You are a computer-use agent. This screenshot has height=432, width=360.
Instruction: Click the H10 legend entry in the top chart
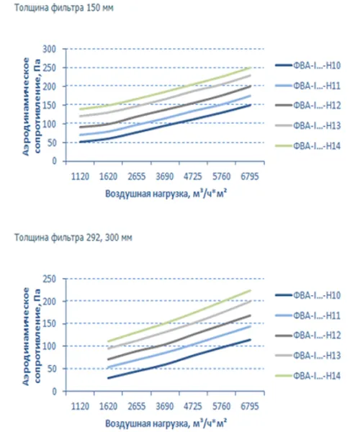[x=307, y=66]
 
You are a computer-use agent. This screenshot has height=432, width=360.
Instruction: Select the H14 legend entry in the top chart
[x=307, y=145]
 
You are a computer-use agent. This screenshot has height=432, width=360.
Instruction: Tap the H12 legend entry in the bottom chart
[x=307, y=336]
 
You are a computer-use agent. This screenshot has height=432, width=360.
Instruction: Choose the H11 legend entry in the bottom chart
[x=307, y=315]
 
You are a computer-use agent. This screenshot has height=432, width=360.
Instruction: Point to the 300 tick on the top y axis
[x=49, y=49]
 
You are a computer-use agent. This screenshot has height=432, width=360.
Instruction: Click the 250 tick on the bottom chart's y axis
[x=49, y=279]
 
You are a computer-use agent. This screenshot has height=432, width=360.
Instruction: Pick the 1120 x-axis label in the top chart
[x=80, y=176]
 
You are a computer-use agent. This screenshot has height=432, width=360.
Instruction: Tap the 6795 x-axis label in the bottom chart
[x=250, y=406]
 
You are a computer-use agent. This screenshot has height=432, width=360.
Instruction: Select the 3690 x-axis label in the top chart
[x=165, y=176]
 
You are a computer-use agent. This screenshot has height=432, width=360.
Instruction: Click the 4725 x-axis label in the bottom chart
[x=193, y=406]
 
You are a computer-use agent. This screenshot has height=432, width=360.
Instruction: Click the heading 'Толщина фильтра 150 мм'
[x=63, y=8]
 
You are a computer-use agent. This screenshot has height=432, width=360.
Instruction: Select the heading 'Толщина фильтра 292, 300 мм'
[x=73, y=238]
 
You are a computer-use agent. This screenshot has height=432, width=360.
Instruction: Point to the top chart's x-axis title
[x=166, y=194]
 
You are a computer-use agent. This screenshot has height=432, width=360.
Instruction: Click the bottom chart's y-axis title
[x=31, y=336]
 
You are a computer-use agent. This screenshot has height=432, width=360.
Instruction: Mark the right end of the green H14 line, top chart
[x=251, y=67]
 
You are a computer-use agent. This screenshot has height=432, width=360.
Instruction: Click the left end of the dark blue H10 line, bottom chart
[x=108, y=378]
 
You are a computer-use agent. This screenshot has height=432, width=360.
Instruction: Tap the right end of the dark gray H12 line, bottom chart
[x=251, y=315]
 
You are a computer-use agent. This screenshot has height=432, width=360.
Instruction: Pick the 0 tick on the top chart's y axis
[x=54, y=161]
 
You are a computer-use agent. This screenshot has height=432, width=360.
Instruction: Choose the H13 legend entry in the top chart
[x=307, y=125]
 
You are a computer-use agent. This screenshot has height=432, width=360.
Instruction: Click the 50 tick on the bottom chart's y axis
[x=52, y=369]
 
